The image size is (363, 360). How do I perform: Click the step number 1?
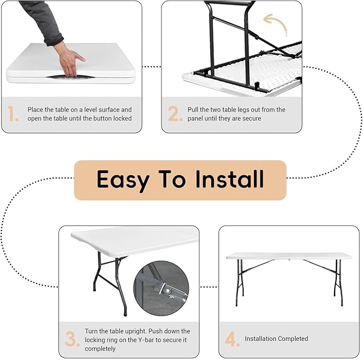[12, 114]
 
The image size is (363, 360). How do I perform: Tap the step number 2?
[175, 114]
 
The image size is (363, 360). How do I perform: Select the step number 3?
[72, 339]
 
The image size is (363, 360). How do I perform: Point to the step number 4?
[232, 339]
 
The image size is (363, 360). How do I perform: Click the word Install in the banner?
[229, 179]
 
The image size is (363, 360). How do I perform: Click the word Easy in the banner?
[123, 181]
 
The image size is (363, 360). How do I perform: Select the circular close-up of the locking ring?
[161, 288]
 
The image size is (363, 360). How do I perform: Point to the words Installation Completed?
[276, 339]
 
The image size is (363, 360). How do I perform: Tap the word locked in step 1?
[122, 118]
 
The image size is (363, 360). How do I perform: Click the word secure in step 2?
[252, 119]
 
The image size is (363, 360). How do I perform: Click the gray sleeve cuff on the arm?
[54, 40]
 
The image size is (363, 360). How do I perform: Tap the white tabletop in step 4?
[289, 256]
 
